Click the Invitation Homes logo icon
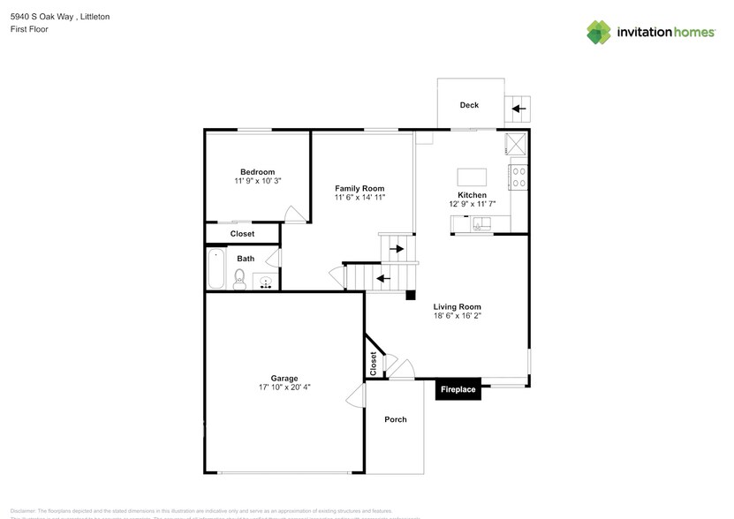coord(600,32)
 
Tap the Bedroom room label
coord(257,171)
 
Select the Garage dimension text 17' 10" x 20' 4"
coord(284,387)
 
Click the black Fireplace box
coord(458,389)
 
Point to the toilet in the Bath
coord(238,281)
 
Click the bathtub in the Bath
coord(216,270)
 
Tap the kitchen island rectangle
coord(472,175)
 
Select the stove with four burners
coord(518,177)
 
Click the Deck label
coord(469,105)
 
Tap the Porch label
coord(396,419)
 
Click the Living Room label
coord(457,305)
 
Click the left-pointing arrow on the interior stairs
coord(382,279)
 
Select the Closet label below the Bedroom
coord(242,234)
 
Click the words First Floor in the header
coord(30,29)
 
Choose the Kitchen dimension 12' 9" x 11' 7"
coord(472,204)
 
